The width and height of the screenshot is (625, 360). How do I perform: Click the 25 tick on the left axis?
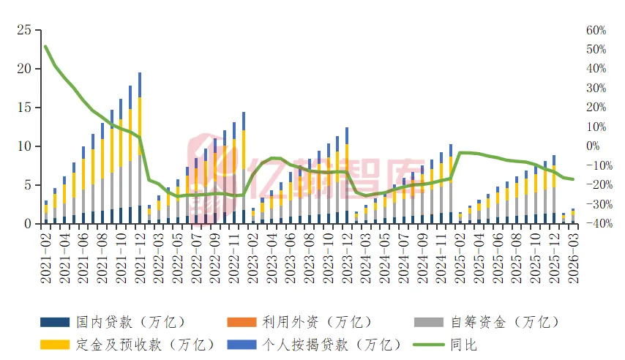(x=26, y=30)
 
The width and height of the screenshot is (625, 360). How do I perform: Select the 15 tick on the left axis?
(x=26, y=108)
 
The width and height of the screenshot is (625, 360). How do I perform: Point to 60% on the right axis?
(x=596, y=30)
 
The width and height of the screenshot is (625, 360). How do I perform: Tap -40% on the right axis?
(x=596, y=224)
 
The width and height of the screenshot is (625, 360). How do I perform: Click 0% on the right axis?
(x=596, y=146)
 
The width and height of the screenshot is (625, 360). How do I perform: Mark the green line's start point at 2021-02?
(x=45, y=46)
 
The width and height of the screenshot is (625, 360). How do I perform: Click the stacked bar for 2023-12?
(x=347, y=176)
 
